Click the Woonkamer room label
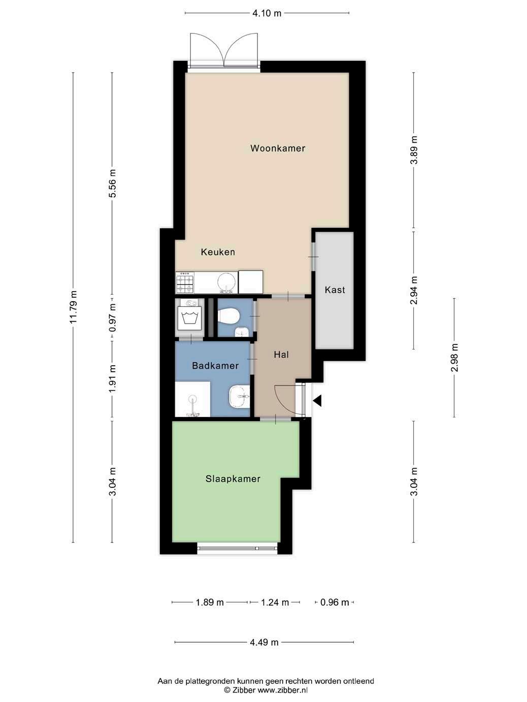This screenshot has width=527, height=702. pos(277,149)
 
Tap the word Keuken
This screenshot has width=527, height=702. pos(218,252)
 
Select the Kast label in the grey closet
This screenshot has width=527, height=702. pos(335,290)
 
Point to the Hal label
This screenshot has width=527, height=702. pos(281,355)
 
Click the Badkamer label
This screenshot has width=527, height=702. pos(215,366)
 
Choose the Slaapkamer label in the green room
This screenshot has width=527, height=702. pos(233,479)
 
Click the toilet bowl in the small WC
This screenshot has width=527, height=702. pos(228,317)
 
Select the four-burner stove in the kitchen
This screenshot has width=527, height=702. pos(185,282)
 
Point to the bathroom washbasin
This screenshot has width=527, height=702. pos(239,396)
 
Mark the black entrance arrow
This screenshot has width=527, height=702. pos(317,400)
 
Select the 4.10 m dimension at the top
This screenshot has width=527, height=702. pos(267,13)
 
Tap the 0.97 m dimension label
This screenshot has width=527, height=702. pos(112,321)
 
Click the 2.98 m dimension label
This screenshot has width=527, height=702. pos(454,358)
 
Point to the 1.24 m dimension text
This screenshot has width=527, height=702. pos(275,603)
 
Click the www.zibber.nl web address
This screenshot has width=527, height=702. pos(282,690)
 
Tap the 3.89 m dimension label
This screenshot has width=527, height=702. pos(414,150)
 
